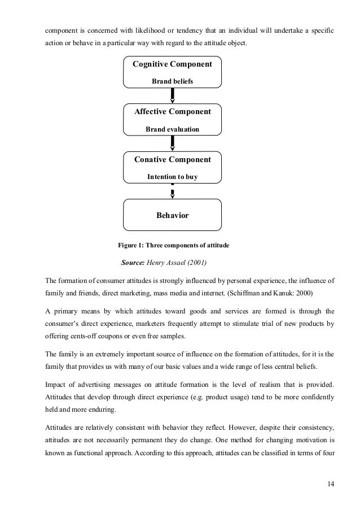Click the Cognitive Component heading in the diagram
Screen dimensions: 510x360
click(x=172, y=64)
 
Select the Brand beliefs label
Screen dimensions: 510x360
click(x=172, y=82)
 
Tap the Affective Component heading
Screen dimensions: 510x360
click(x=172, y=112)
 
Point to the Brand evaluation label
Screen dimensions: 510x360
click(x=172, y=129)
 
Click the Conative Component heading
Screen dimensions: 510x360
click(x=172, y=160)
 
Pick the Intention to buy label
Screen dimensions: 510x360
click(x=172, y=177)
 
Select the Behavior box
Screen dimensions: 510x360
click(x=172, y=216)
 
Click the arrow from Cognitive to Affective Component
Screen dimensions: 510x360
click(x=172, y=97)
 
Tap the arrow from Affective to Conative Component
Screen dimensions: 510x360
click(x=172, y=145)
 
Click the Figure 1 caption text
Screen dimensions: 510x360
click(x=173, y=246)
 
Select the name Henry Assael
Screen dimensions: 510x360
click(x=173, y=263)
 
